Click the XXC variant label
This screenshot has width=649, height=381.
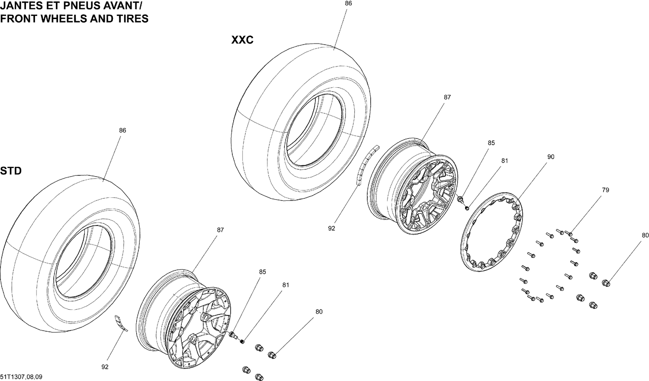[x=242, y=40]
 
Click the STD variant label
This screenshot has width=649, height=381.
[x=11, y=171]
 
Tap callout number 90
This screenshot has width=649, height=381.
[x=550, y=157]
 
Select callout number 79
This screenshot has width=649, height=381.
[x=605, y=190]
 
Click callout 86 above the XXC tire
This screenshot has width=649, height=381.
[x=348, y=3]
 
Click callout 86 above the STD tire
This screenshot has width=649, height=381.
[x=122, y=130]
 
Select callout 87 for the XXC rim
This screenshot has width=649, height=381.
[x=447, y=98]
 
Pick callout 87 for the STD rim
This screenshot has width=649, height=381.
[x=220, y=230]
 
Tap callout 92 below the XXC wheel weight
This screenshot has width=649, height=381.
[x=331, y=229]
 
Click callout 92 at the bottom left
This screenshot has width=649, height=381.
[x=105, y=367]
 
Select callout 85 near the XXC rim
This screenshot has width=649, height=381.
[x=491, y=143]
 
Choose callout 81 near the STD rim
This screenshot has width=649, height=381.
[x=286, y=285]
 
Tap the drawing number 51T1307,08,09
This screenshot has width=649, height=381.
[x=21, y=377]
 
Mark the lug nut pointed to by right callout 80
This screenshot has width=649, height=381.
[x=606, y=283]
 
